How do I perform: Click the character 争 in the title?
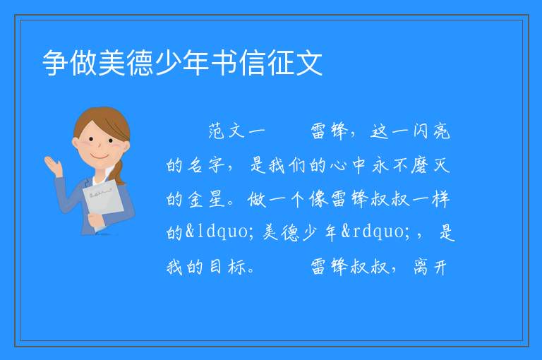click(55, 63)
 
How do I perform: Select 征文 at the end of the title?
click(295, 63)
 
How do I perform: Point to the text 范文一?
click(237, 131)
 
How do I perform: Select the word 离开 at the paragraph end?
click(430, 267)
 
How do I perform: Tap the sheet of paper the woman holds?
click(103, 203)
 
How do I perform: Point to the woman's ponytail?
click(119, 172)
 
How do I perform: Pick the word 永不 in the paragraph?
click(390, 165)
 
